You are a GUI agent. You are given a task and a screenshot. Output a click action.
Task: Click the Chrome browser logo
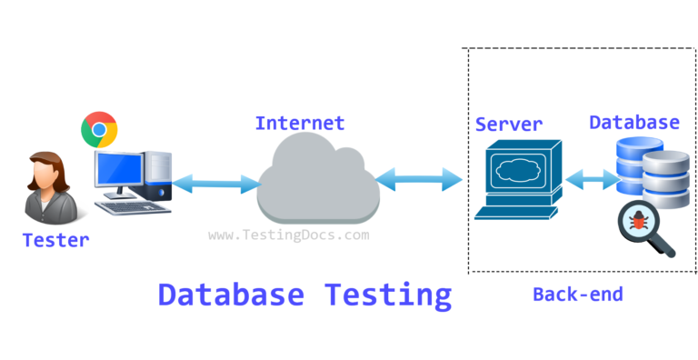(99, 130)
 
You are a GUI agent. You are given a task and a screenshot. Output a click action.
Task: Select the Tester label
(55, 240)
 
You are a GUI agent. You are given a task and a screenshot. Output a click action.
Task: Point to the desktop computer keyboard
(133, 206)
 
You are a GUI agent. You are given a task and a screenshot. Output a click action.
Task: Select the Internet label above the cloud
(300, 123)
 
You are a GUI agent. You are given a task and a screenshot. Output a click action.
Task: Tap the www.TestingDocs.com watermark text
(289, 235)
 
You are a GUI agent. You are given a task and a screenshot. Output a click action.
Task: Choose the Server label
(508, 124)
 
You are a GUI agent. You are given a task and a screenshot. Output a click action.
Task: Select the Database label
(633, 122)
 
